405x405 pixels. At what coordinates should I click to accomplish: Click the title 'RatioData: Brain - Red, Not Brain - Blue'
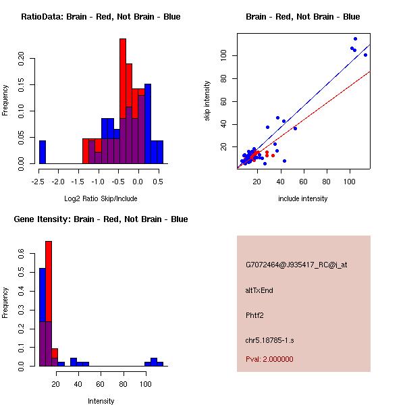[101, 16]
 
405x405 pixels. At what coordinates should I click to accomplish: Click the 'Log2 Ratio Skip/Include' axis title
[101, 198]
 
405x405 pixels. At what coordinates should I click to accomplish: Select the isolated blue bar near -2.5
[43, 152]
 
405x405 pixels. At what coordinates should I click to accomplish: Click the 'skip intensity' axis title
[208, 101]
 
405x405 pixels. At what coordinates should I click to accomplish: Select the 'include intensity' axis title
[303, 198]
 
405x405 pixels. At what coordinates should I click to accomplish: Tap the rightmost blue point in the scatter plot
[365, 55]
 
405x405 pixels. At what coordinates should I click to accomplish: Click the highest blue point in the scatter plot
[355, 39]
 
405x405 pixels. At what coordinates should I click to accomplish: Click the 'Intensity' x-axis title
[101, 401]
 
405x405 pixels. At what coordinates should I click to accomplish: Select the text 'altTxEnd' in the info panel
[259, 290]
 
